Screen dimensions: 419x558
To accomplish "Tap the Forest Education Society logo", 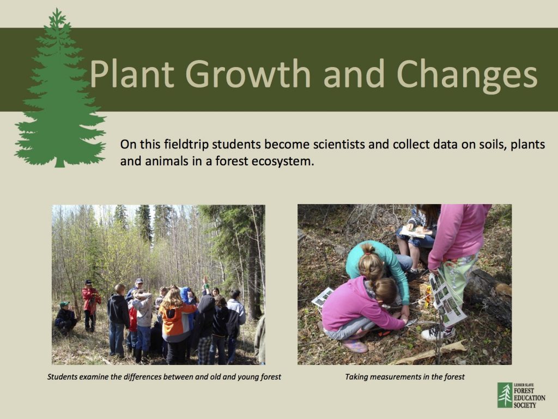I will pos(521,395).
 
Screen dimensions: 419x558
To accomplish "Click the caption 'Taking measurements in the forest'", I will pos(404,376).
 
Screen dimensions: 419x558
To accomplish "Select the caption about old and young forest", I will pos(164,376).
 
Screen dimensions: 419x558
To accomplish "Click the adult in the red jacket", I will pos(90,303).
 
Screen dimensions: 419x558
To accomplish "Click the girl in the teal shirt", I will pos(381,267).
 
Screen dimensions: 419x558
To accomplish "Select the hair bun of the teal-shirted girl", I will pos(368,249).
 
